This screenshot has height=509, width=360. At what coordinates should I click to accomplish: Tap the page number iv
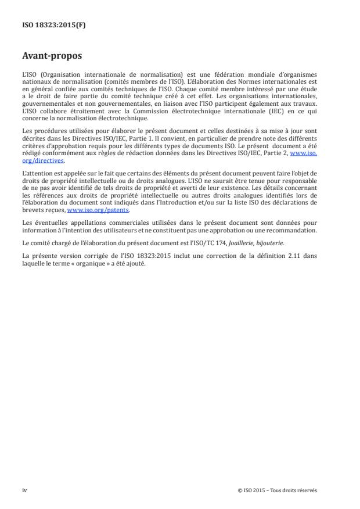(24, 490)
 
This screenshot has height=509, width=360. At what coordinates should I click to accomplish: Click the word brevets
(32, 210)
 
